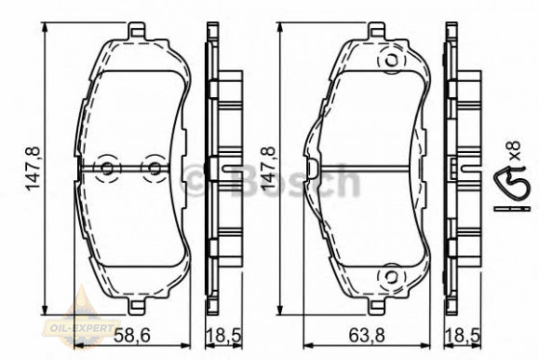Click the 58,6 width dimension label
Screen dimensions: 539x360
coord(132,335)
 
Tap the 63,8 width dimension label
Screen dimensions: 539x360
coord(367,335)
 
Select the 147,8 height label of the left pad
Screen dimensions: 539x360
coord(34,168)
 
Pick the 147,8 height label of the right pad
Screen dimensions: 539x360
coord(269,168)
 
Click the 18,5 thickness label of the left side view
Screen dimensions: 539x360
coord(223,335)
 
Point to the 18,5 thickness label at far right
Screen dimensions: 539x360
coord(462,335)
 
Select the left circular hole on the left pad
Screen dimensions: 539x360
coord(108,168)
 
